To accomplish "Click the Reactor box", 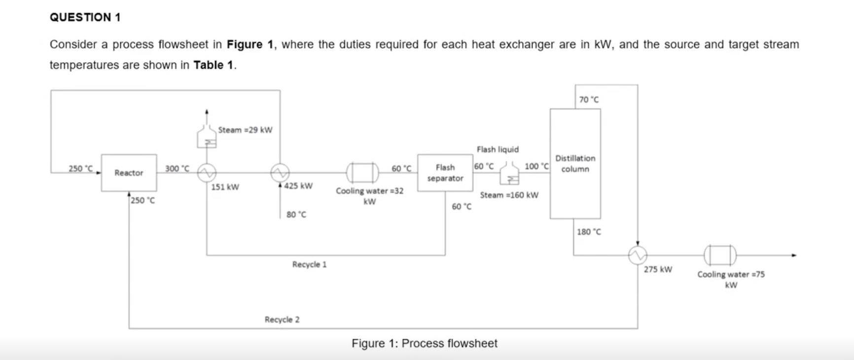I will click(x=129, y=173).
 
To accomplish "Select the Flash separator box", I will click(x=445, y=173).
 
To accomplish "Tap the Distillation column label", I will click(x=575, y=164).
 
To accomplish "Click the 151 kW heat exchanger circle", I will click(x=207, y=173).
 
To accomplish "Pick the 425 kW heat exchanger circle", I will click(x=280, y=173).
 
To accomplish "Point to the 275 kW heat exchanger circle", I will click(x=638, y=255).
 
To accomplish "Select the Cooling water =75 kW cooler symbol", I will click(x=720, y=255).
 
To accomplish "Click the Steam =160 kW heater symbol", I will click(x=509, y=175).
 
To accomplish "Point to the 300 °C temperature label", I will click(x=177, y=169).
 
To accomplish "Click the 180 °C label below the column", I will click(x=589, y=232).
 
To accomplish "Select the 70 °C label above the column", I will click(x=589, y=100).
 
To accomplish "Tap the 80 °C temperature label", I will click(x=296, y=215).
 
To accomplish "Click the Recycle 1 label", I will click(x=309, y=265).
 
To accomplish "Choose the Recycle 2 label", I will click(x=282, y=320).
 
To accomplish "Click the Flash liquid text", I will click(x=498, y=149).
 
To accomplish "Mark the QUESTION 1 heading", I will click(x=85, y=17).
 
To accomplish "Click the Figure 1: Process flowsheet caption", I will click(x=424, y=343).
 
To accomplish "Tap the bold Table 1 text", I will click(x=213, y=65).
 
